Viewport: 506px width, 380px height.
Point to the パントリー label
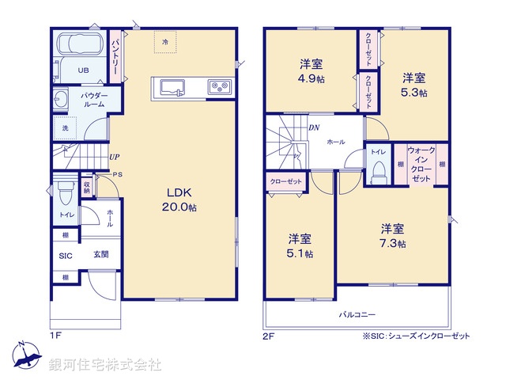click(x=115, y=55)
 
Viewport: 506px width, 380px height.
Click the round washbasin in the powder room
click(x=60, y=100)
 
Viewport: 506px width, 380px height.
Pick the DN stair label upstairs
click(x=313, y=127)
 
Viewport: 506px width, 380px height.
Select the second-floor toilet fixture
click(x=378, y=169)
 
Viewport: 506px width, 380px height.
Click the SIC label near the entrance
click(x=65, y=255)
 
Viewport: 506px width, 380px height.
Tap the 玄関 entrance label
click(x=100, y=254)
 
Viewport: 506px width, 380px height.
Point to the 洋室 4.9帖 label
click(x=310, y=70)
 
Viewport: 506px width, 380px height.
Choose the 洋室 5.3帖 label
click(x=413, y=85)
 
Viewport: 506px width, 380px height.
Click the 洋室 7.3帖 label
click(x=391, y=236)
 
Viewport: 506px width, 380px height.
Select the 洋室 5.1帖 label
click(x=299, y=245)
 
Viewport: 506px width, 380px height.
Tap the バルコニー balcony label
click(x=358, y=313)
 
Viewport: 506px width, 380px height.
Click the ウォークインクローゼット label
click(x=421, y=165)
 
